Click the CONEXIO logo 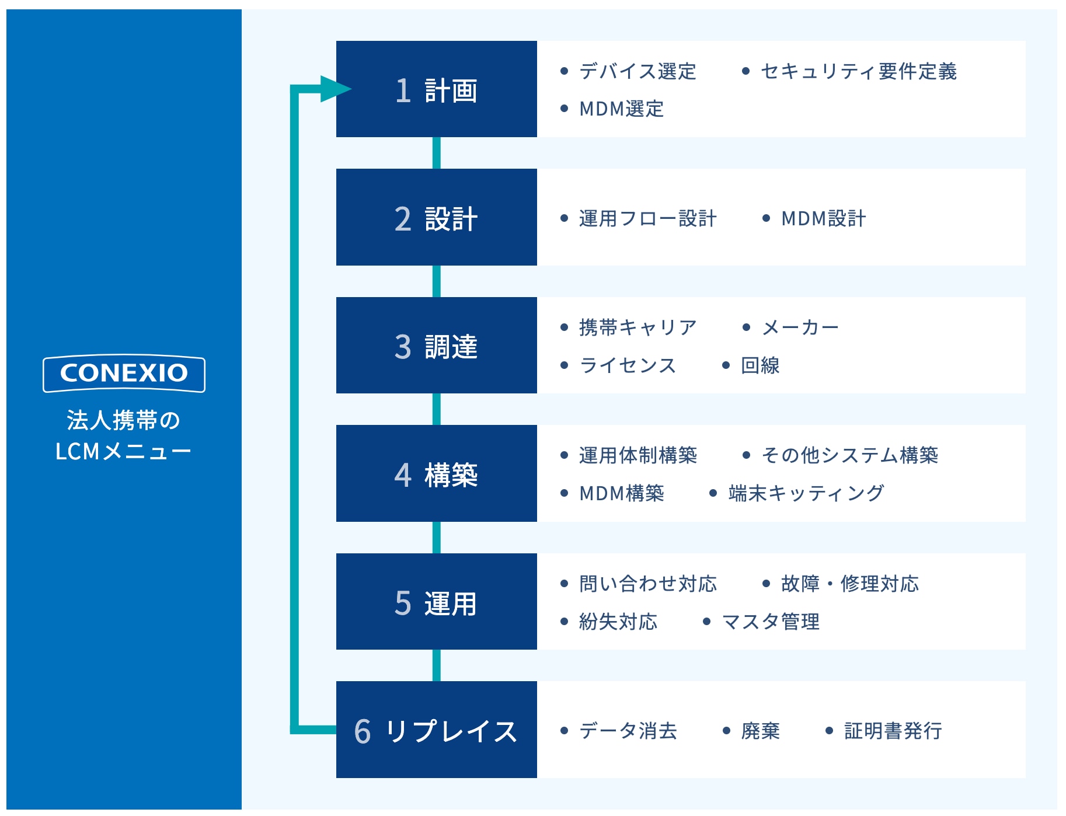point(124,374)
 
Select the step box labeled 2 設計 point(436,217)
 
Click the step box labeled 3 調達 point(436,345)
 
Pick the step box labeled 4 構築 point(436,473)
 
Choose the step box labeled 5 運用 point(436,601)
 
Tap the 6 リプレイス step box point(436,730)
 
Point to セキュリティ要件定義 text point(859,71)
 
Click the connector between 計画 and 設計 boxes point(436,153)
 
